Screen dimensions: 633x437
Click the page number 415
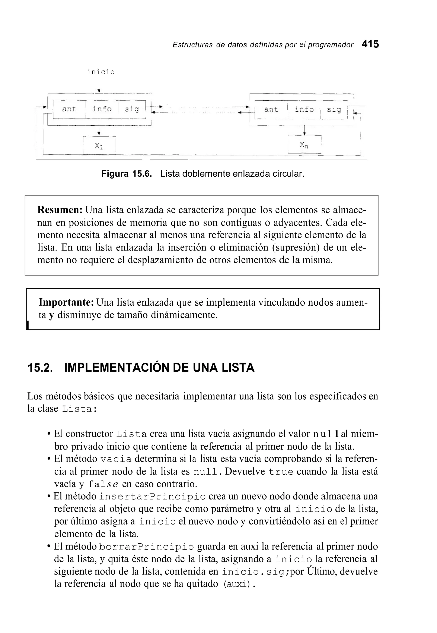click(x=370, y=44)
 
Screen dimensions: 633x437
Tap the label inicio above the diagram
click(x=101, y=72)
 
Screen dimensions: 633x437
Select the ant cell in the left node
click(x=69, y=109)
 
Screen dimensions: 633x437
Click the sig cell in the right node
click(x=334, y=110)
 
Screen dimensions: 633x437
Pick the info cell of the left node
click(x=102, y=109)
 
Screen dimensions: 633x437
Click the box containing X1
click(x=99, y=146)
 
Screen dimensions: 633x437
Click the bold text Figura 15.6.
click(x=127, y=174)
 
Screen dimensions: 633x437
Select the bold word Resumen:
click(x=60, y=210)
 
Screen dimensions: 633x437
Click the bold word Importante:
click(x=67, y=303)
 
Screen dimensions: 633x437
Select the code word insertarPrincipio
click(x=152, y=496)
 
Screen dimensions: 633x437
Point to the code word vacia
click(x=116, y=459)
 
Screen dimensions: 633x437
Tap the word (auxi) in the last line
click(x=237, y=584)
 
